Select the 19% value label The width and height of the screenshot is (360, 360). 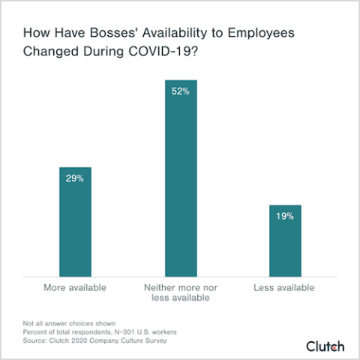pyautogui.click(x=285, y=216)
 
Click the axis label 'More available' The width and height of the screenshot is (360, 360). pyautogui.click(x=75, y=287)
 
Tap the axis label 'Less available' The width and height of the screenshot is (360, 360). pyautogui.click(x=285, y=287)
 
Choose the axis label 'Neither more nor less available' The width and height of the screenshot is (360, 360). pyautogui.click(x=180, y=292)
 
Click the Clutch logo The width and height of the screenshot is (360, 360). pyautogui.click(x=325, y=346)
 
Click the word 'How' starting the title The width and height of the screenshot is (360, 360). pyautogui.click(x=37, y=34)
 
